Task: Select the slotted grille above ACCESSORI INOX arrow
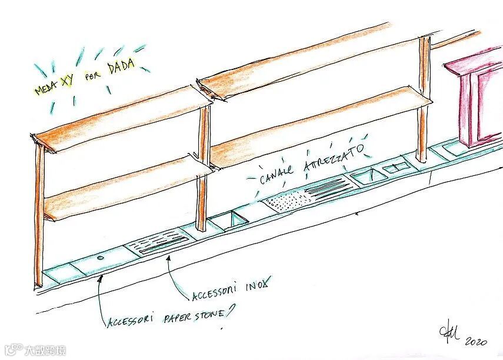pyautogui.click(x=159, y=243)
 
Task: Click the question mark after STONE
pyautogui.click(x=227, y=311)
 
